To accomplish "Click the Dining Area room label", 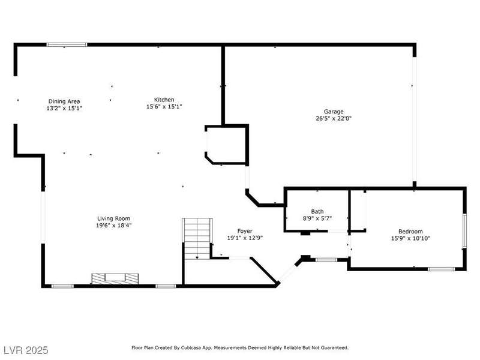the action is [64, 101].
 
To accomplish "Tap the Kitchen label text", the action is [164, 100].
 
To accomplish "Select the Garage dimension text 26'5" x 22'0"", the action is [334, 118].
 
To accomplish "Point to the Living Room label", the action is [113, 218].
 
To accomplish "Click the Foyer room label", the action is [245, 231].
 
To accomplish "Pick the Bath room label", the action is [317, 212].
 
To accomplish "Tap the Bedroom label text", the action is [410, 232].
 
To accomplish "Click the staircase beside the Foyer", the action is [197, 239].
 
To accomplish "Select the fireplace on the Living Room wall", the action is [115, 278].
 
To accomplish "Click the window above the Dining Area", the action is [67, 45].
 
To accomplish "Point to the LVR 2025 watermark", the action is [26, 350].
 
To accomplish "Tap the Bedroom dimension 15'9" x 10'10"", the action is [410, 238].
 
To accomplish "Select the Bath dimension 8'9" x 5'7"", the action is [317, 218].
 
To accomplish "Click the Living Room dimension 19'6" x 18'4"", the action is [113, 226].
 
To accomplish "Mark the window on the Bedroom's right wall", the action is [464, 230].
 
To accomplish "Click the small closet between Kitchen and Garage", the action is [227, 145].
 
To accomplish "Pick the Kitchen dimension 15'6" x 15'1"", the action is [164, 107].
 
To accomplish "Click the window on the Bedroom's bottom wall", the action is [441, 269].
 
